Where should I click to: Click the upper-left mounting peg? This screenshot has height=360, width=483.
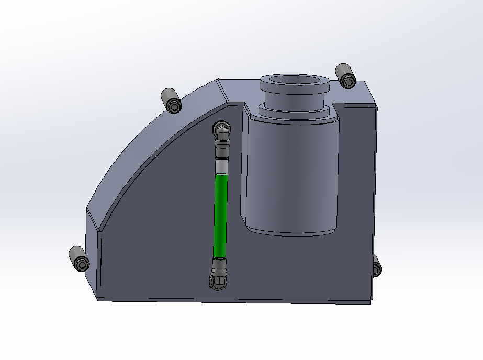(171, 99)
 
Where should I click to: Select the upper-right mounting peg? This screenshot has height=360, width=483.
(345, 75)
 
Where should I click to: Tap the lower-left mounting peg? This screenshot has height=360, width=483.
(78, 258)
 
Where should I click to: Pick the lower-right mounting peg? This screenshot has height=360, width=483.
(376, 267)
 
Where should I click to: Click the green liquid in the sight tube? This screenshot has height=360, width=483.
(221, 215)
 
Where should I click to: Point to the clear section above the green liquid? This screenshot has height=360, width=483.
(222, 167)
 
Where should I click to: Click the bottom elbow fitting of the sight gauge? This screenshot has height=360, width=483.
(218, 282)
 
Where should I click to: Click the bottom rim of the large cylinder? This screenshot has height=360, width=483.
(290, 230)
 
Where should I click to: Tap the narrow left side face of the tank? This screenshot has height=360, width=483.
(93, 251)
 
